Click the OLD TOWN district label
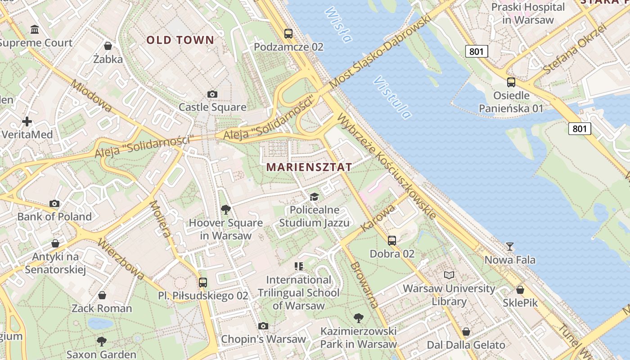pos(180,40)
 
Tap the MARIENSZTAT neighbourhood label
pos(309,167)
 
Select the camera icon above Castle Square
pos(212,94)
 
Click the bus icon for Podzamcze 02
pos(288,34)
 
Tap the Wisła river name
pos(337,25)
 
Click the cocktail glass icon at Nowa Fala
pos(509,247)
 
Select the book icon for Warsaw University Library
pos(449,275)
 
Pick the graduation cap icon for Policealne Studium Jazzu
pos(314,197)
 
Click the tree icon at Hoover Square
pos(225,210)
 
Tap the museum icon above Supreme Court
pos(35,30)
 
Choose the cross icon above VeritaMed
pos(27,121)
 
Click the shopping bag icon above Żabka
pos(108,46)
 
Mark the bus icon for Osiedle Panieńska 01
pos(511,82)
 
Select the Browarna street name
pos(364,284)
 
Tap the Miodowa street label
pos(91,96)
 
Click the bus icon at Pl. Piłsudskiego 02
pos(203,283)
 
